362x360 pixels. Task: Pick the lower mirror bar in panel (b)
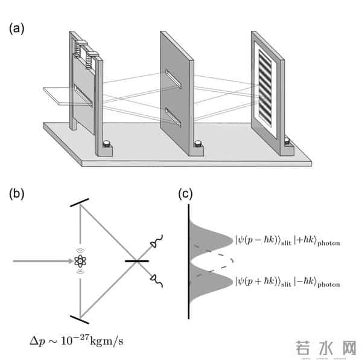pos(80,317)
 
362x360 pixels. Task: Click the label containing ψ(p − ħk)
pos(288,242)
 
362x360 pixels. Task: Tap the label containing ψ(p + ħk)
pos(288,283)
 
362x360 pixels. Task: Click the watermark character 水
pos(324,347)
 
